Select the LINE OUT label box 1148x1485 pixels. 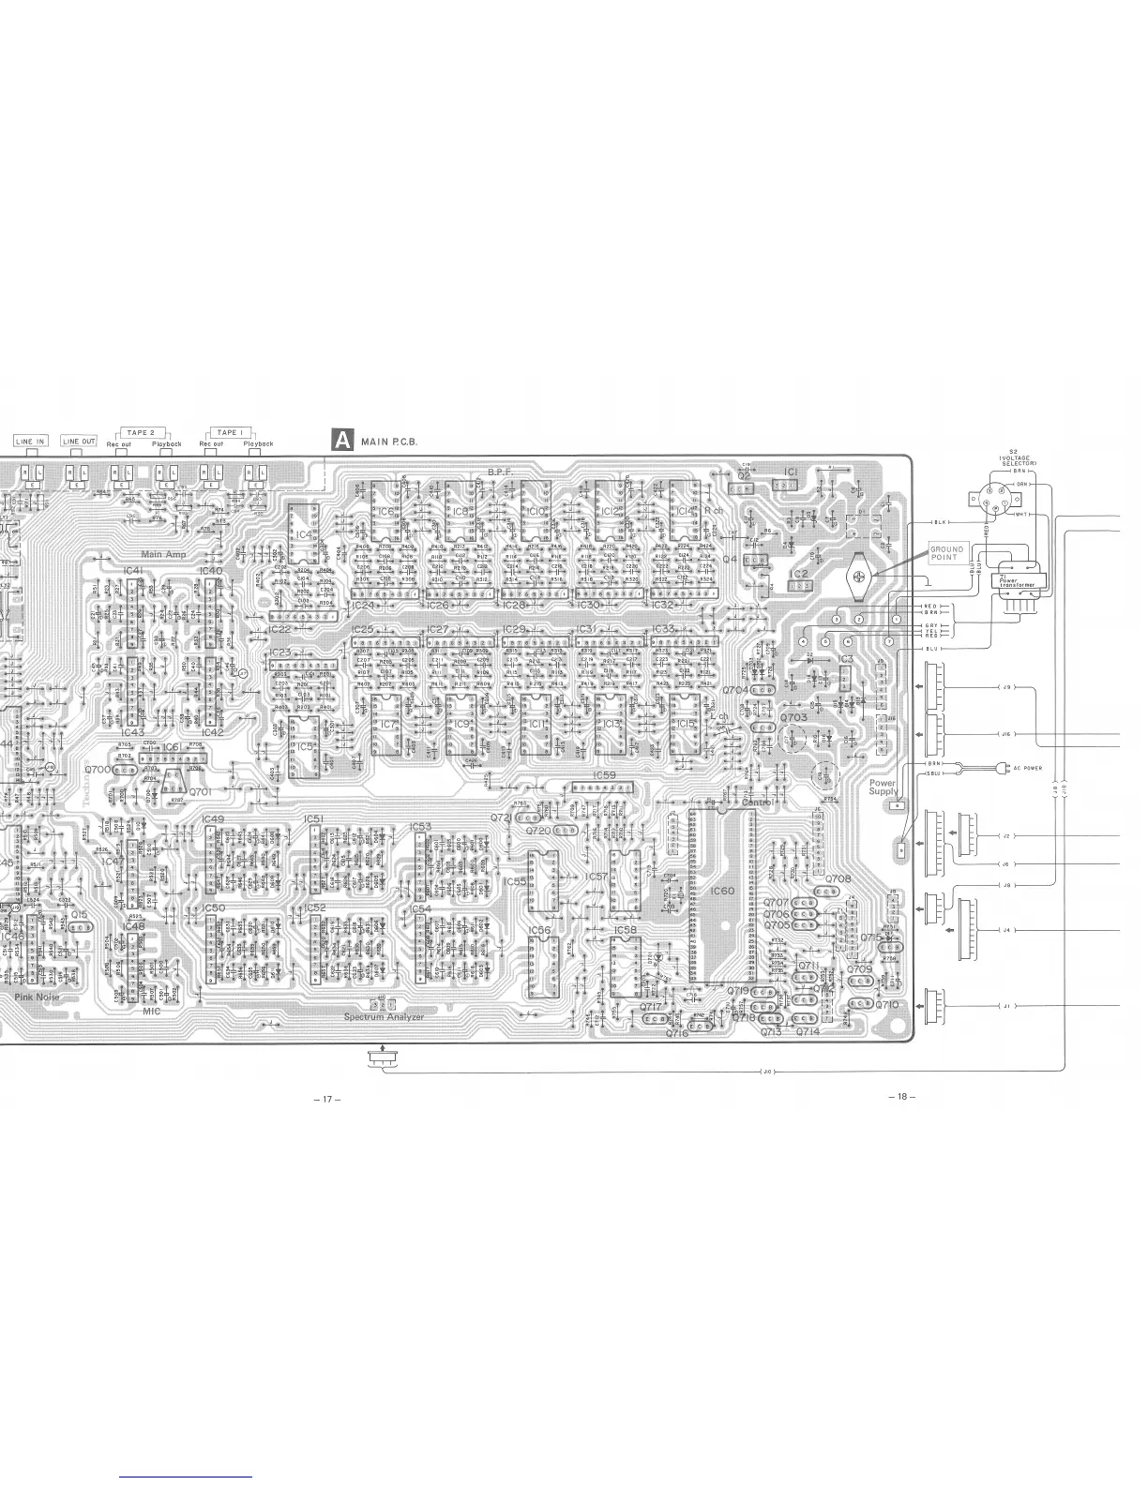point(79,442)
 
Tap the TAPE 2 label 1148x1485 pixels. point(141,433)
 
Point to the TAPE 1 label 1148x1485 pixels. point(230,433)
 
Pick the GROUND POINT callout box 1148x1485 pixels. point(946,553)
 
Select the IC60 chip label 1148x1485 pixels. point(723,892)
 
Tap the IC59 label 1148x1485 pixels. point(605,775)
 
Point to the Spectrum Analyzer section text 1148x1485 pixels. point(384,1017)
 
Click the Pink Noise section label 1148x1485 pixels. point(38,997)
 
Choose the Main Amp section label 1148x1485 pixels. point(163,555)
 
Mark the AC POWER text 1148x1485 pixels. point(1027,768)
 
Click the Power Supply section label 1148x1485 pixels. point(883,787)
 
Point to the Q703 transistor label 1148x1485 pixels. point(793,718)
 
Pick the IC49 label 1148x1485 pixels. point(213,819)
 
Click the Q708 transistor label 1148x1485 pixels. point(838,879)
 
